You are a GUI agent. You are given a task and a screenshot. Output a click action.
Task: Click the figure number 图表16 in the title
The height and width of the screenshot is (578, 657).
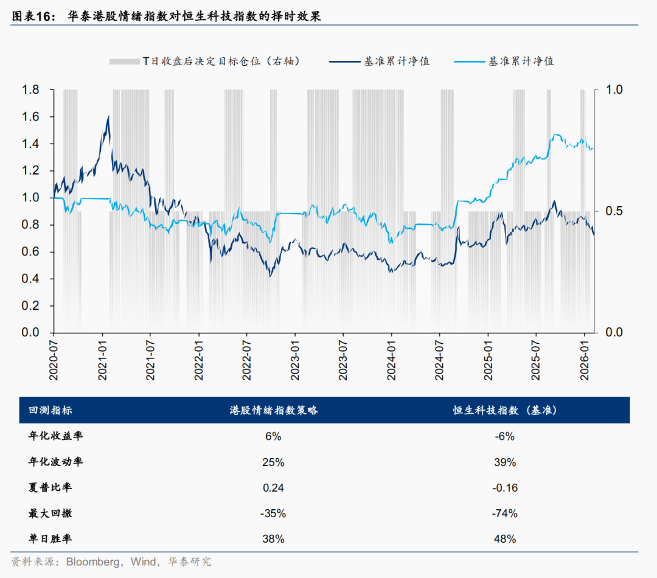(x=30, y=17)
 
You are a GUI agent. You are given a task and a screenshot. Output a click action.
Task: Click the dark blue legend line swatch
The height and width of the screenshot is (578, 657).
(x=343, y=61)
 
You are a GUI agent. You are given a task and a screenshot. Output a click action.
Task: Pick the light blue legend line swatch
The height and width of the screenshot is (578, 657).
(x=469, y=61)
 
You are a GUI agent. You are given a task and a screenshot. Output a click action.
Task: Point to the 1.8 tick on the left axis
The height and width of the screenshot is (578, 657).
(x=31, y=90)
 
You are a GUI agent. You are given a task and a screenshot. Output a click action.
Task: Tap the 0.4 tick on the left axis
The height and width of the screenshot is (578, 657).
(x=31, y=279)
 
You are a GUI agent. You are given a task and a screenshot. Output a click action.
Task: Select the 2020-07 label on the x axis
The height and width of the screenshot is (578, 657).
(x=53, y=361)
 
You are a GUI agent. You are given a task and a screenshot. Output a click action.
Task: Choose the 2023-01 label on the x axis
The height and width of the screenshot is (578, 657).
(x=295, y=361)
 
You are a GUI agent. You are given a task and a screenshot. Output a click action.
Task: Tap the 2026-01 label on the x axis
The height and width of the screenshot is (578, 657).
(x=585, y=361)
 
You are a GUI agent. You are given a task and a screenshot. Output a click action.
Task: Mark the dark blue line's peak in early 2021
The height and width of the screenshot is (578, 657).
(x=108, y=116)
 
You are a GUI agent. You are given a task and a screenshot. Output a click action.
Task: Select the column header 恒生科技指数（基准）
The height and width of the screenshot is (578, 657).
(x=504, y=411)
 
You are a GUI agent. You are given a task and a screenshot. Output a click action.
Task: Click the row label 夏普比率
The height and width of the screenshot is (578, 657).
(x=51, y=487)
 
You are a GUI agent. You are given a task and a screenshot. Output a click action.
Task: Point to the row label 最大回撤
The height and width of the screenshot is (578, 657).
(x=51, y=513)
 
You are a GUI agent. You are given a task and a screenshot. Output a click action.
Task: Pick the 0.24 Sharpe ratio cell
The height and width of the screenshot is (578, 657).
(x=273, y=487)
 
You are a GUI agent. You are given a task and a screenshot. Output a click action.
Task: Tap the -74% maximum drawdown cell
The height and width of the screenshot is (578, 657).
(x=504, y=514)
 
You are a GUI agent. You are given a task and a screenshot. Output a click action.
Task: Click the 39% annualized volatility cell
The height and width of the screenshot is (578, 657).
(x=504, y=462)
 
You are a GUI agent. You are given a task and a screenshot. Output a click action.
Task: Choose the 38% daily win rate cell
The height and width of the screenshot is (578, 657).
(x=273, y=539)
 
